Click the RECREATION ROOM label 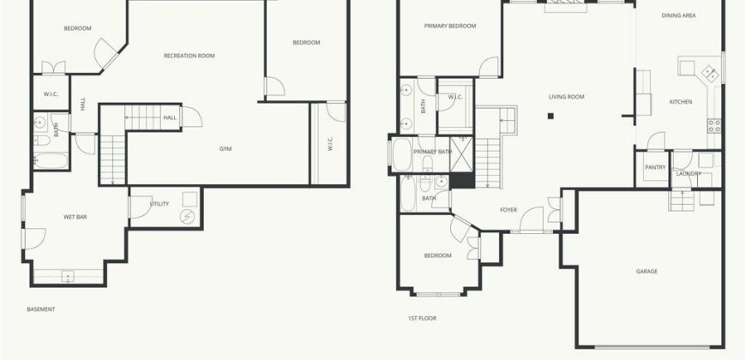(x=189, y=56)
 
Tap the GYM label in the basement (x=226, y=149)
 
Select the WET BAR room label (x=75, y=217)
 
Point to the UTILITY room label (x=159, y=204)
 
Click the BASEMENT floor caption (x=41, y=309)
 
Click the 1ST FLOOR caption (x=422, y=318)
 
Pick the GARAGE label (x=647, y=272)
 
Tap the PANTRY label (x=655, y=167)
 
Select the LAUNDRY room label (x=689, y=174)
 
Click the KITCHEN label (x=681, y=102)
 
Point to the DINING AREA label (x=678, y=15)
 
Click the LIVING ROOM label (x=566, y=97)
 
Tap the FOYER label (x=508, y=210)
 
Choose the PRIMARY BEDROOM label (x=450, y=27)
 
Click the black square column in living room (x=550, y=116)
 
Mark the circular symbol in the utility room (x=188, y=217)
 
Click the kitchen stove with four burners (x=714, y=125)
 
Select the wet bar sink (x=68, y=276)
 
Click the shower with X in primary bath (x=461, y=154)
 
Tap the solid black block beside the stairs (x=462, y=180)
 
